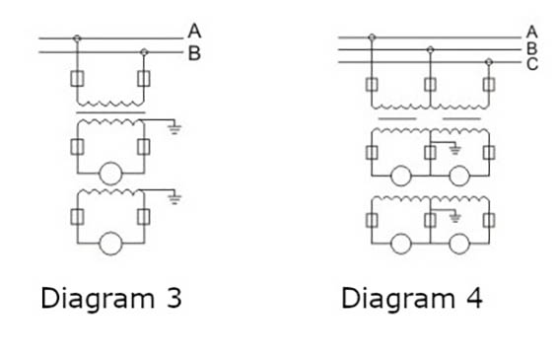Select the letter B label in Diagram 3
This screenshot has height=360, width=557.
[194, 53]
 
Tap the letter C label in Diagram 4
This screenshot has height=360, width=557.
[531, 65]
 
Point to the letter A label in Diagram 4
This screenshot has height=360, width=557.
[531, 32]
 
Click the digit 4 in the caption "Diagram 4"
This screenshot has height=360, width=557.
[474, 298]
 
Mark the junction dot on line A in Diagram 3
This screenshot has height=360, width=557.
[78, 38]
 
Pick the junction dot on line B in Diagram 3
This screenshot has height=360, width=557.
[144, 50]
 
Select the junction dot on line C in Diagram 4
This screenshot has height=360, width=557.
[489, 61]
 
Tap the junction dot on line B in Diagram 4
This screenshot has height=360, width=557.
[430, 49]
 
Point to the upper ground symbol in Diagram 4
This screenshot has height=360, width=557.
[454, 150]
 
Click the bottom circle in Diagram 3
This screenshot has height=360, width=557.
[110, 241]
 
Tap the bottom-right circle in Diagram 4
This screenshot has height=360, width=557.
[459, 243]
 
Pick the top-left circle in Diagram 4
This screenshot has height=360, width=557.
[400, 177]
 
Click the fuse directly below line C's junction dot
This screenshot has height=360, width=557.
[489, 84]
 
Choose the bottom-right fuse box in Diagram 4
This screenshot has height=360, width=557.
[489, 219]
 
